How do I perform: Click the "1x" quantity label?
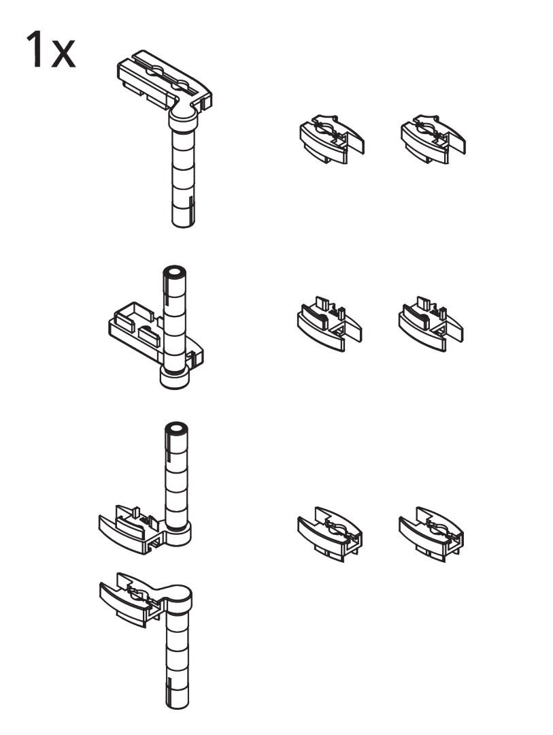point(50,50)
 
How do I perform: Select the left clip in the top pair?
point(332,140)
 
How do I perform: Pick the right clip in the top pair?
point(433,140)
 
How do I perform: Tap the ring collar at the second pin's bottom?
point(174,377)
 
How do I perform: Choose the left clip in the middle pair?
point(329,323)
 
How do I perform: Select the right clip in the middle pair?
point(431,323)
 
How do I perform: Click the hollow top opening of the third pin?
point(177,429)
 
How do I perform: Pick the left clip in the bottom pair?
point(330,534)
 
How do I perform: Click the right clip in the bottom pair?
point(431,534)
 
